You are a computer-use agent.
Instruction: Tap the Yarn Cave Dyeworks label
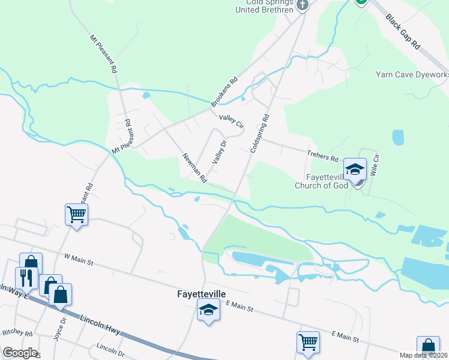pos(412,74)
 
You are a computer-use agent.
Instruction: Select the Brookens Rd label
pos(224,93)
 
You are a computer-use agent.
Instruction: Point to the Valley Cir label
pos(231,121)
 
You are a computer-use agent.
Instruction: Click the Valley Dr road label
pos(218,152)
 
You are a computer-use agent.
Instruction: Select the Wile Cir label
pos(376,164)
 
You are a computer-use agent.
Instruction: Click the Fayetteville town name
pos(201,295)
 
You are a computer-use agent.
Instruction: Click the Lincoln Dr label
pos(109,348)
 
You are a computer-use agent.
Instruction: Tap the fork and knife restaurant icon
pos(26,277)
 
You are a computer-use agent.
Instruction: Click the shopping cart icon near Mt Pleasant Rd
pos(76,214)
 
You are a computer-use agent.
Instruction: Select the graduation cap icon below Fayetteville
pos(208,310)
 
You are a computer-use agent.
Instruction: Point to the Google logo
pos(19,353)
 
